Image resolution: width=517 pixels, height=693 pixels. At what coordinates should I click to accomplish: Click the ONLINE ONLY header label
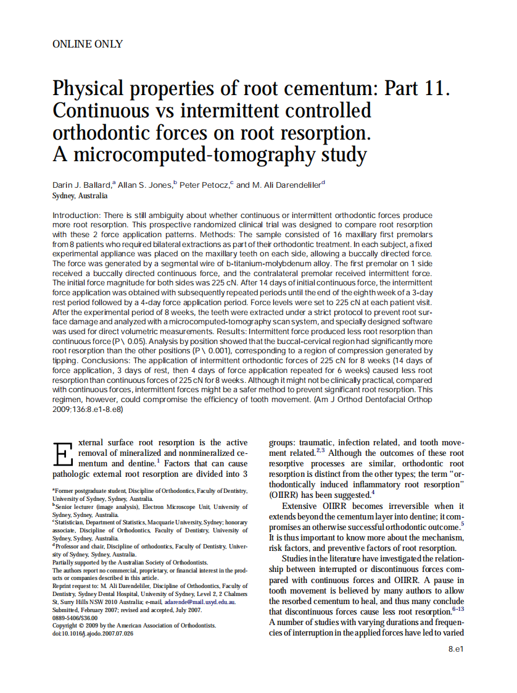click(x=88, y=44)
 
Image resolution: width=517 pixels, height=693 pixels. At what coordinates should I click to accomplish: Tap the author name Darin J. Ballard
click(x=82, y=184)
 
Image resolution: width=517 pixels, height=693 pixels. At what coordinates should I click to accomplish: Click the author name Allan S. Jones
click(x=144, y=184)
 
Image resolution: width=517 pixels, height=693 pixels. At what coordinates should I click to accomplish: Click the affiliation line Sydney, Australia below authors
click(x=80, y=196)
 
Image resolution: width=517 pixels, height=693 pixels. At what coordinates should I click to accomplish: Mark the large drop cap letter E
click(x=62, y=455)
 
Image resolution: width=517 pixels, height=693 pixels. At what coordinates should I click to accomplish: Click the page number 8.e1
click(x=455, y=649)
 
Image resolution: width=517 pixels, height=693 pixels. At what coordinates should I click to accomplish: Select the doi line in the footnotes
click(x=93, y=633)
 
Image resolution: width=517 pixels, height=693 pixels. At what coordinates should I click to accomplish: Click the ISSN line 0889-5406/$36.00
click(x=75, y=617)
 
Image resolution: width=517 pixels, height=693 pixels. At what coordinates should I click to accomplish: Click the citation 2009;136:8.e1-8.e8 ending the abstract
click(x=88, y=409)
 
